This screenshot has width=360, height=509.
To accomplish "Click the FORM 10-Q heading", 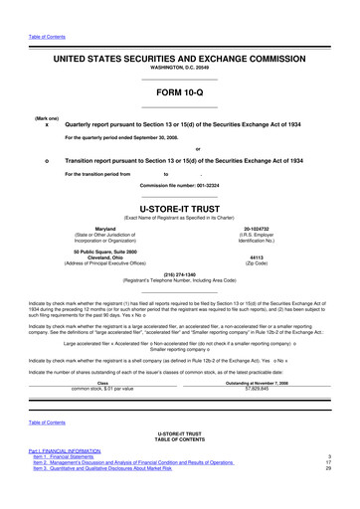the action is [180, 95].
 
